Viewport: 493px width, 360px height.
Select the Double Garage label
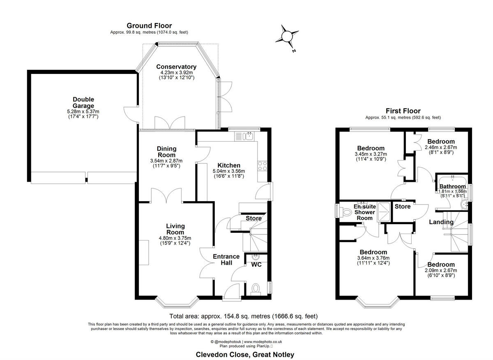(83, 103)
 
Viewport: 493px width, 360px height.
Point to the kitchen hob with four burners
(262, 166)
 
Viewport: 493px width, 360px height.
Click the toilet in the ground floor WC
(256, 288)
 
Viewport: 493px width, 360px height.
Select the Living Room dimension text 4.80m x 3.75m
(175, 238)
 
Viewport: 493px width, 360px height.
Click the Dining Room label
(166, 151)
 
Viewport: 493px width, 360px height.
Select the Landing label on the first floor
(441, 222)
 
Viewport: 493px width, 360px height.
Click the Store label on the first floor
(403, 206)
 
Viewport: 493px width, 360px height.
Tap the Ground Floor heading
(149, 26)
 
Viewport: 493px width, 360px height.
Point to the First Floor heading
(403, 111)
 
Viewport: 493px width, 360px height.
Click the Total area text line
(244, 316)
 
